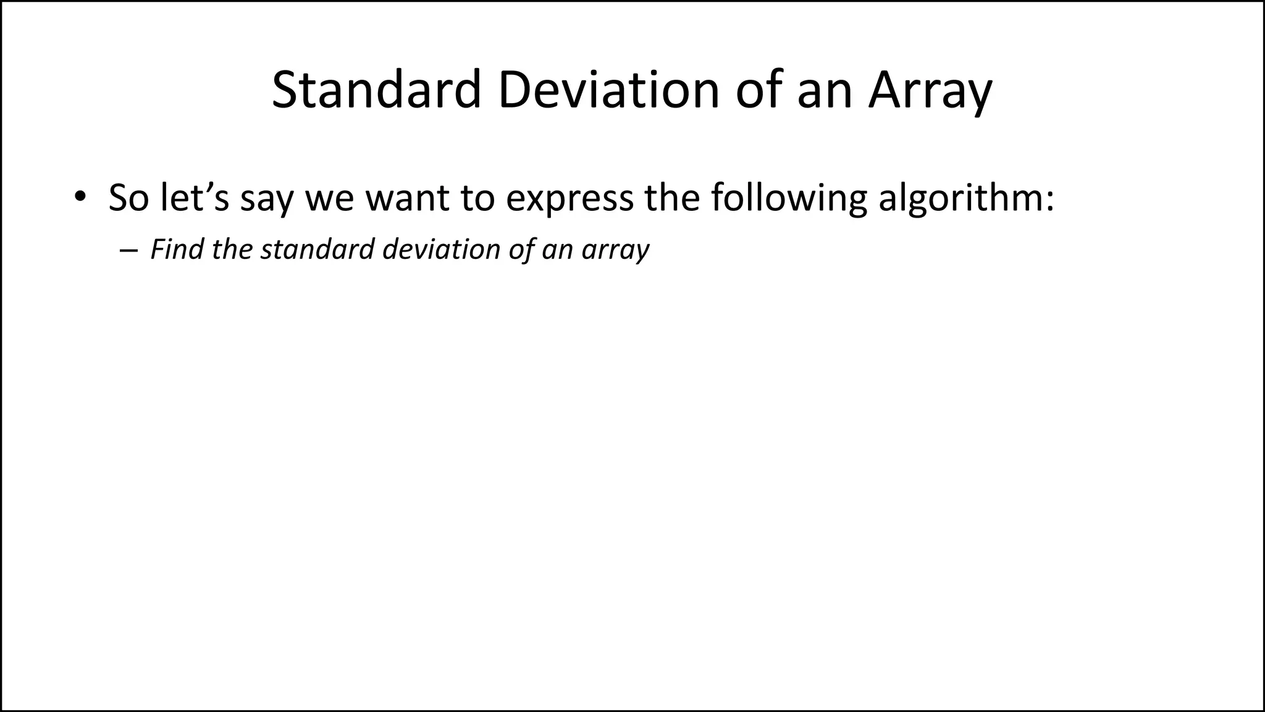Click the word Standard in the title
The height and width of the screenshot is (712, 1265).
376,90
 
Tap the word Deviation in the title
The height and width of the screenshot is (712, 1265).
608,90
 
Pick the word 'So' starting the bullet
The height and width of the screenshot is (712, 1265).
128,198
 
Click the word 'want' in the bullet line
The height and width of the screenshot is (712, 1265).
407,198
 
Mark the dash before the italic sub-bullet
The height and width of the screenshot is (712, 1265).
128,250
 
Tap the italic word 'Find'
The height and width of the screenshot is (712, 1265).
176,249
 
